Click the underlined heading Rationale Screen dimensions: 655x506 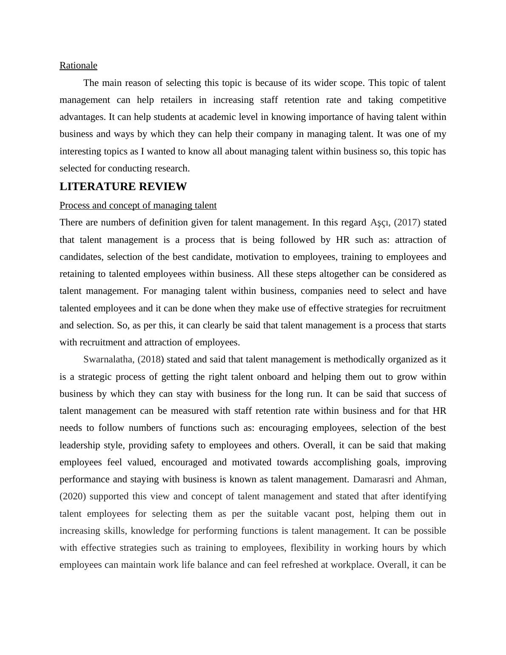tap(78, 65)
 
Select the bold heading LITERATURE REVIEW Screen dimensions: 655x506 tap(123, 187)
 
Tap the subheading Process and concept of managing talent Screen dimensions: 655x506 tap(138, 205)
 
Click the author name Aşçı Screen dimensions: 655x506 tap(380, 222)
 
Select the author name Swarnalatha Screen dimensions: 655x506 tap(108, 359)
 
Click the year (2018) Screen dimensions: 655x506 tap(151, 359)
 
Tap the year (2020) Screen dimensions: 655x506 tap(73, 496)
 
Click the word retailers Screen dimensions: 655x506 tap(174, 100)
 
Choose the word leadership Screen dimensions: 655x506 tap(80, 445)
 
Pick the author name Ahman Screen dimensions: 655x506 tap(430, 479)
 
